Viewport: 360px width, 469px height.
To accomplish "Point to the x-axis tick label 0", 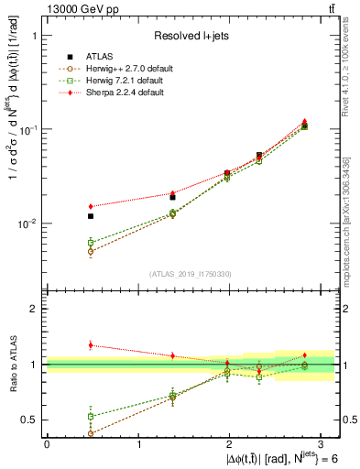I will [x=47, y=444].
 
